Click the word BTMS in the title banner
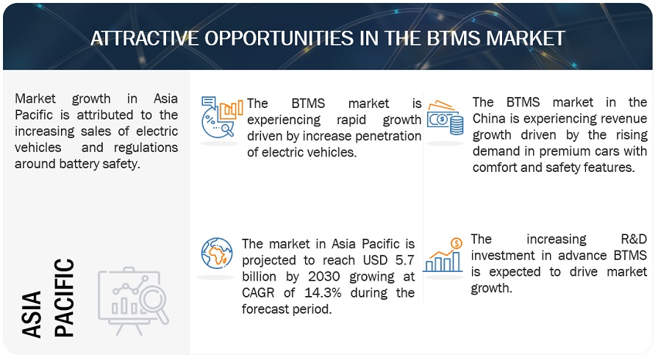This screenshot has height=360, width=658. (x=454, y=39)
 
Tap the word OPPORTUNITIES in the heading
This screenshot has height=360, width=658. (x=279, y=39)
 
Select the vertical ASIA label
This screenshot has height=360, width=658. (x=32, y=314)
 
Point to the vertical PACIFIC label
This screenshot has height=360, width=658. (x=64, y=298)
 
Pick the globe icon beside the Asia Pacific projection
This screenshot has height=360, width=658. (x=217, y=253)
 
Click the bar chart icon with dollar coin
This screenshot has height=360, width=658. (x=443, y=255)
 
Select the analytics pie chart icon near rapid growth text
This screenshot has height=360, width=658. (x=222, y=117)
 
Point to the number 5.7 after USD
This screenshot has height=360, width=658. (x=404, y=260)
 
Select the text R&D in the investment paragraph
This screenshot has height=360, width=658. (x=634, y=240)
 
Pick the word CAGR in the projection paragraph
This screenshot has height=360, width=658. (x=258, y=292)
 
